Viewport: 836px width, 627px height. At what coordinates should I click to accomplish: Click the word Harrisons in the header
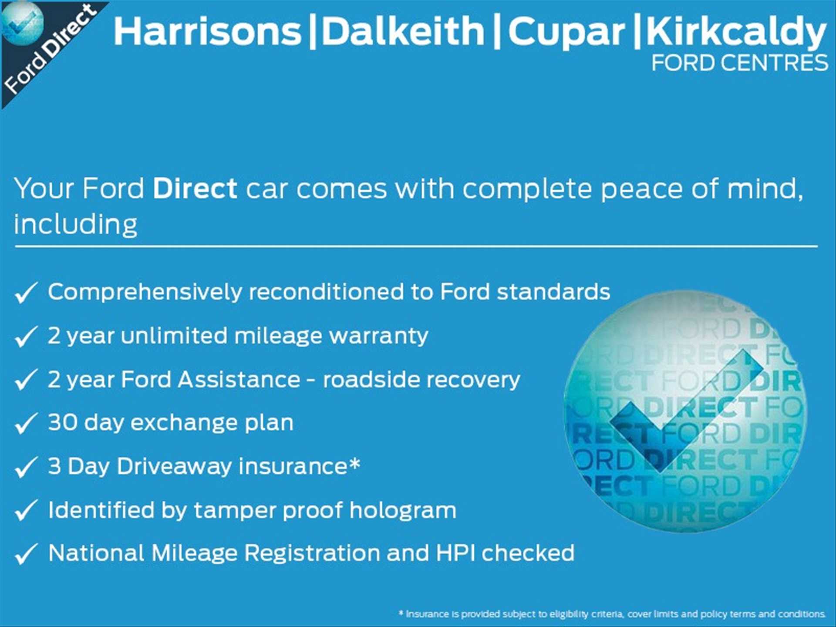click(x=207, y=31)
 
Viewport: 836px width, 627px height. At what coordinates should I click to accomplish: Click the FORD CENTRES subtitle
click(x=739, y=63)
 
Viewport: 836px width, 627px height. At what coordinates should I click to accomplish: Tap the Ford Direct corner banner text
click(x=50, y=49)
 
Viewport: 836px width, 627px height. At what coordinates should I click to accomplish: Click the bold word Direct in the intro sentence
click(x=195, y=189)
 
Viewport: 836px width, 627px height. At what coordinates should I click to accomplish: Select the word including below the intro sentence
click(x=76, y=225)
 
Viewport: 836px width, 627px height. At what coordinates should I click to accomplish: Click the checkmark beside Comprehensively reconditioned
click(x=26, y=292)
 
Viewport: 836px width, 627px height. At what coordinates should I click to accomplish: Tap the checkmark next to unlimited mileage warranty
click(x=26, y=336)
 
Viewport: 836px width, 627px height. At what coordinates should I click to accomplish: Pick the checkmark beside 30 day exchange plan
click(x=26, y=423)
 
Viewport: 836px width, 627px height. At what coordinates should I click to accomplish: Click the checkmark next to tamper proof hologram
click(x=26, y=510)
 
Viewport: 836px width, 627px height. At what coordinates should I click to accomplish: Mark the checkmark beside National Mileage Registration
click(x=26, y=554)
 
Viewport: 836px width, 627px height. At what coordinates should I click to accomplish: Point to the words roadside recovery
click(x=421, y=380)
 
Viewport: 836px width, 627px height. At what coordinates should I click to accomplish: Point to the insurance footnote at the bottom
click(x=612, y=614)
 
